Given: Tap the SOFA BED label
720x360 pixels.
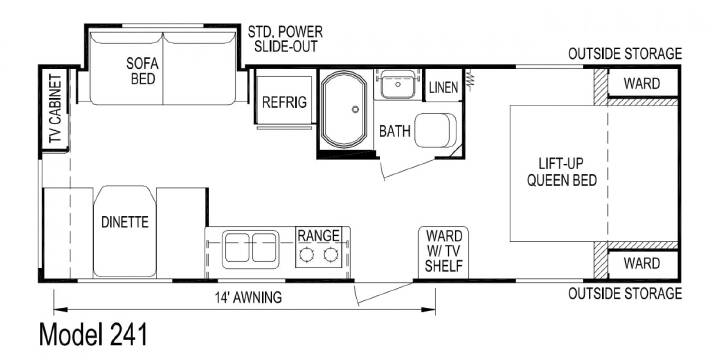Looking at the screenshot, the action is coord(143,71).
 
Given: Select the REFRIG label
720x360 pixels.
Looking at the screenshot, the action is coord(284,102).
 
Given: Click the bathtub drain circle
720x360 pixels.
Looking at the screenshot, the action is coord(355,109).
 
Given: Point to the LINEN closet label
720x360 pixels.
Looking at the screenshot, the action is coord(443,87).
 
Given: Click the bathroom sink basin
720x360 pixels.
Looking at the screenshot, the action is coord(398,84).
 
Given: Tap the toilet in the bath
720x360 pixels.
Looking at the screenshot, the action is coord(436,130).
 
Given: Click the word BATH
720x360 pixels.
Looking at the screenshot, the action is coord(395,131).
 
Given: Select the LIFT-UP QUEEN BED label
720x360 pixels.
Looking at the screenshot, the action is coord(562,172).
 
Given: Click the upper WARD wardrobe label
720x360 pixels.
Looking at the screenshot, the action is coord(642,84).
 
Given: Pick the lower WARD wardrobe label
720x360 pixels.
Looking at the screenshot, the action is coord(642,264).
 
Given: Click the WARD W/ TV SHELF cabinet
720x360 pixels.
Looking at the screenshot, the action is coord(444,253).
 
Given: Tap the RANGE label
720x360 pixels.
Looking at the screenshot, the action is coord(319,236).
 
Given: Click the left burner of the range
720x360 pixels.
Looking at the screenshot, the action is coord(307,254).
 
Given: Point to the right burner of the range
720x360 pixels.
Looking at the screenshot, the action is coord(331,254).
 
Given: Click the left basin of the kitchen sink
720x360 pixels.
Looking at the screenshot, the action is coord(237,248).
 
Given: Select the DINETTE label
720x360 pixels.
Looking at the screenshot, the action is coord(125,223).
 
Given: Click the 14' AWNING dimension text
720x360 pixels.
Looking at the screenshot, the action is coord(248,298).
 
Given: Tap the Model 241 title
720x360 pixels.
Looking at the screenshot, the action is coord(93,334).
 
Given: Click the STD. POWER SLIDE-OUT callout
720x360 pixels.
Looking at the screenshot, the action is coord(285,39).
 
